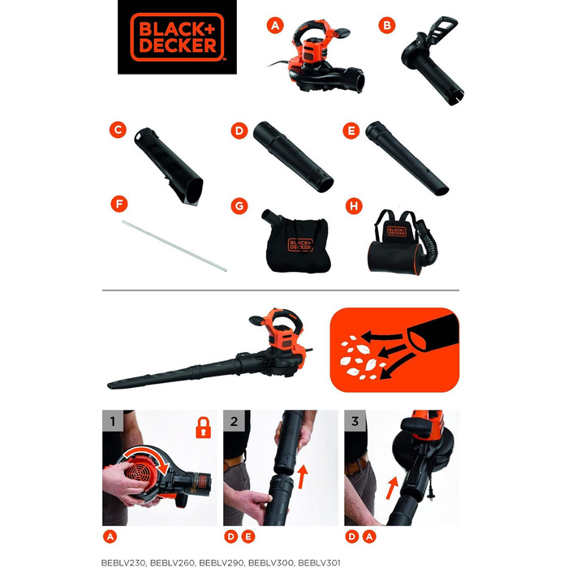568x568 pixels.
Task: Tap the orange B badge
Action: pos(387,26)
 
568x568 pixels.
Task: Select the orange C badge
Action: pos(118,129)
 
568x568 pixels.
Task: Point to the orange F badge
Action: pos(118,203)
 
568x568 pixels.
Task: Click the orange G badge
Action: pos(239,206)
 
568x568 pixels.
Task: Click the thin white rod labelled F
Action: pos(175,244)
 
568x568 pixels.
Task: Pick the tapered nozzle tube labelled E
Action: pos(407,157)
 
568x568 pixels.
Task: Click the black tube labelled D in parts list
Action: pos(292,156)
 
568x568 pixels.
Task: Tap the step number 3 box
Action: pos(354,421)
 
